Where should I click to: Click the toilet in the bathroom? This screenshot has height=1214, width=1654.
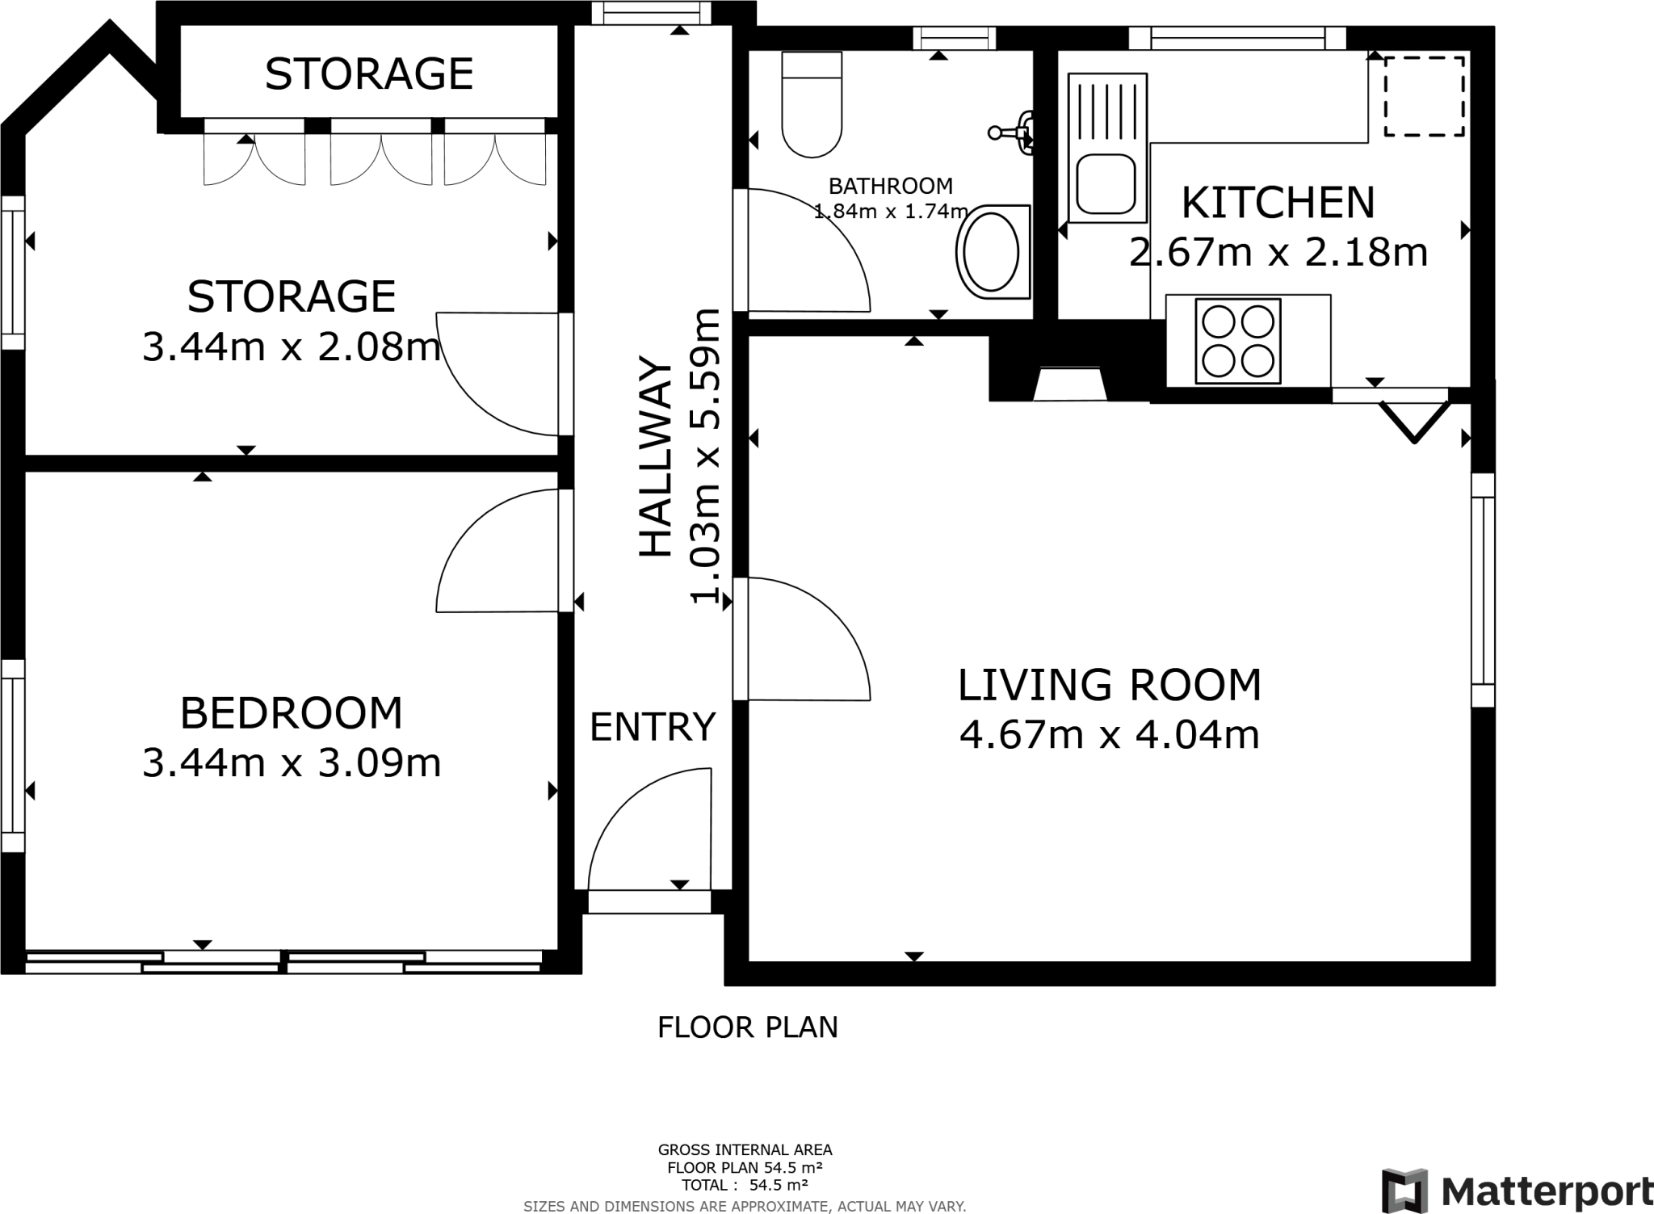pyautogui.click(x=812, y=104)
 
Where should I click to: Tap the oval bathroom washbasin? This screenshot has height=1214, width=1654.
pyautogui.click(x=993, y=252)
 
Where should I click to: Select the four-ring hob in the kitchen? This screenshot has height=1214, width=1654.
pyautogui.click(x=1237, y=341)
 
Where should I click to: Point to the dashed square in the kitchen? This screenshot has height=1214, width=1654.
pyautogui.click(x=1425, y=96)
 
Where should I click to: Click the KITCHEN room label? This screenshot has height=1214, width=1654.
pyautogui.click(x=1278, y=203)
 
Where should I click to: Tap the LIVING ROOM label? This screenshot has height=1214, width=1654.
pyautogui.click(x=1109, y=685)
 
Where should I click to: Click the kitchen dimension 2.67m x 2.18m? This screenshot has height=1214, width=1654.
pyautogui.click(x=1278, y=253)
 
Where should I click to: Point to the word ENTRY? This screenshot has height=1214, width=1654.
pyautogui.click(x=653, y=727)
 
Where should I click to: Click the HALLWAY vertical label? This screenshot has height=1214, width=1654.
pyautogui.click(x=656, y=456)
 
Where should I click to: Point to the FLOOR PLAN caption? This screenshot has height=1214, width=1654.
pyautogui.click(x=748, y=1027)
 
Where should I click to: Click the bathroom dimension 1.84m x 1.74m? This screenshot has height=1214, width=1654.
pyautogui.click(x=891, y=212)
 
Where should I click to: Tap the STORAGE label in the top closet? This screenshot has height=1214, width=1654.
pyautogui.click(x=369, y=74)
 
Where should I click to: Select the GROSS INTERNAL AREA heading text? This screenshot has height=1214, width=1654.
pyautogui.click(x=745, y=1149)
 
